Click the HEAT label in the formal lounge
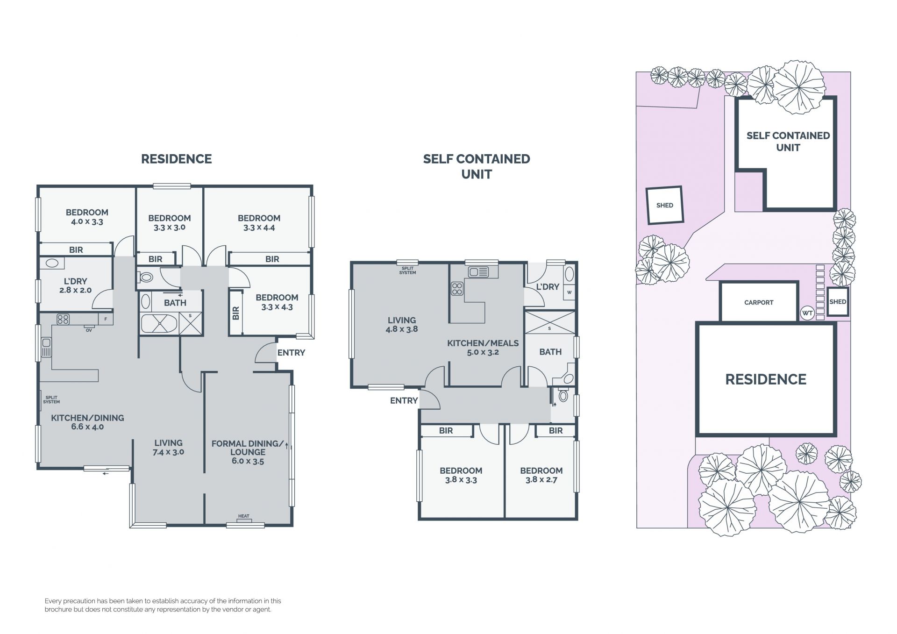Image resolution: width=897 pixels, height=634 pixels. tap(244, 516)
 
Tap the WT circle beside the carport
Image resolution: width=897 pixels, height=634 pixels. tap(807, 313)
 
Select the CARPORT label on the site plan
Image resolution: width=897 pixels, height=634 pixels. tap(759, 302)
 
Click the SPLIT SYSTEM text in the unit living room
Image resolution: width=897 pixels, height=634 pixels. tap(407, 271)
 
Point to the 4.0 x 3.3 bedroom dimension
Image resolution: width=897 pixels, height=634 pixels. tap(87, 222)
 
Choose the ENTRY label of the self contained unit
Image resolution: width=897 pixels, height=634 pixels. tap(404, 400)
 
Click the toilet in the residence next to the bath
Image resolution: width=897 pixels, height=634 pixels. tap(146, 277)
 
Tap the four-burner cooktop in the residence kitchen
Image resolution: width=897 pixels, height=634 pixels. tap(63, 320)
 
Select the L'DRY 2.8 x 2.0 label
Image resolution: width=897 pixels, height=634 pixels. tap(75, 285)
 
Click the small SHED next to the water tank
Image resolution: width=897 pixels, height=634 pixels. tap(838, 302)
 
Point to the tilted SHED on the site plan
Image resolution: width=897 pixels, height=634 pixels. tap(664, 205)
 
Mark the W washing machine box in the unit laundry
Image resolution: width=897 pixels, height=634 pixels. tap(569, 292)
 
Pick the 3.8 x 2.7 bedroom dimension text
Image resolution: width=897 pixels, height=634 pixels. tap(541, 480)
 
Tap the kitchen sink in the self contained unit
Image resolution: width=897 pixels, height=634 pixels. tap(478, 271)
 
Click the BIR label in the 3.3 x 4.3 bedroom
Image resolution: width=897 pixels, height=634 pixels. tap(235, 313)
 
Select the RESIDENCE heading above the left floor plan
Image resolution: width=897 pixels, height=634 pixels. tap(177, 159)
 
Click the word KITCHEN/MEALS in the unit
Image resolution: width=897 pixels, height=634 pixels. tap(483, 343)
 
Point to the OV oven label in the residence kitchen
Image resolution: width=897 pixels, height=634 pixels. tap(89, 330)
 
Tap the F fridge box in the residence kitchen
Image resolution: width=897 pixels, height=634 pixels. tap(106, 319)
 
